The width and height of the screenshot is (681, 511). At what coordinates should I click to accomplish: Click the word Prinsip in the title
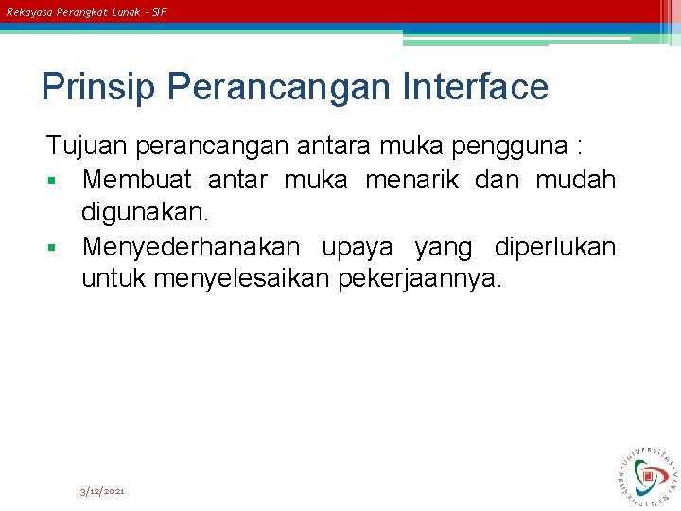pos(99,88)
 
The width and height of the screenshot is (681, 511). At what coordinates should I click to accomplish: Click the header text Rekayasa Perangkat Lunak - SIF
pos(86,12)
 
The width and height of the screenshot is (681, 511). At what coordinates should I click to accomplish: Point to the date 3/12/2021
pos(102,491)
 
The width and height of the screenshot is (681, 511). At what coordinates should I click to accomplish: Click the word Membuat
pos(136,180)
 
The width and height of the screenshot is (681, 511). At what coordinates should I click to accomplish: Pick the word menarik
pos(411,180)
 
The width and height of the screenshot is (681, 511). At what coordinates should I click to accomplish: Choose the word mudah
pos(575,180)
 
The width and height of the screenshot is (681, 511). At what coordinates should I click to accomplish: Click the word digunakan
pos(140,214)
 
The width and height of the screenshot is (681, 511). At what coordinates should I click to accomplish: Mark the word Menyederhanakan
pos(191,248)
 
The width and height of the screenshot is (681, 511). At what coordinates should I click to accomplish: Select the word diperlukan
pos(554,248)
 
